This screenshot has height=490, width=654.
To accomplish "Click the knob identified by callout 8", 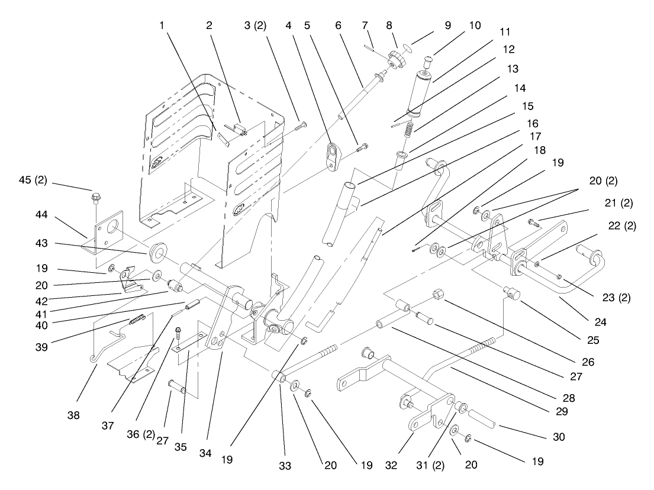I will [x=396, y=61].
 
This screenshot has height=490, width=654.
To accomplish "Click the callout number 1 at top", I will [x=160, y=26].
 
